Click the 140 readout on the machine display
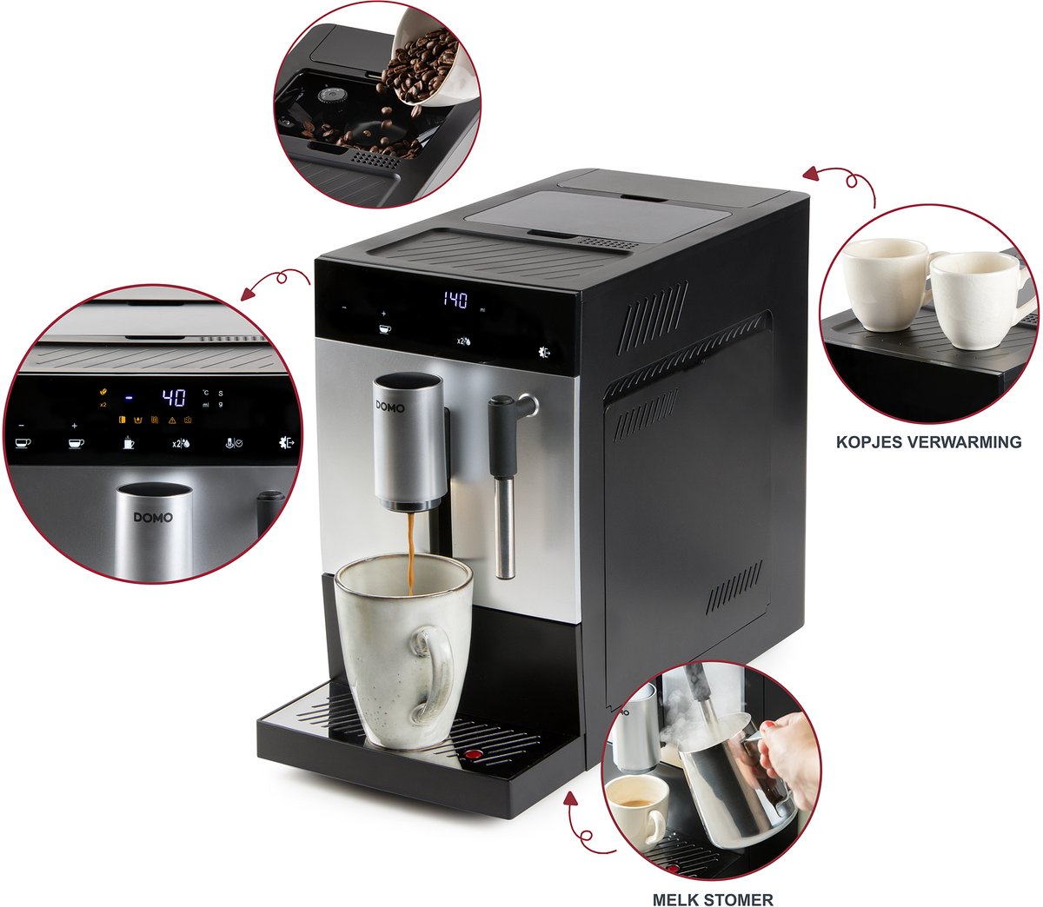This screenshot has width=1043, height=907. (x=455, y=301)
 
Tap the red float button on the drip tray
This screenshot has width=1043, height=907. (x=473, y=754)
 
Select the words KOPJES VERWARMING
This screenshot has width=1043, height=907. (x=928, y=442)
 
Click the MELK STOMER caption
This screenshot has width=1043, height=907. (x=713, y=899)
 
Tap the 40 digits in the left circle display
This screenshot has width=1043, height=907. (x=174, y=399)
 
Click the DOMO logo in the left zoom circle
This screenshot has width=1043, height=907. (x=153, y=518)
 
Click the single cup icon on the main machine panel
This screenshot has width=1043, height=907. (x=385, y=328)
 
